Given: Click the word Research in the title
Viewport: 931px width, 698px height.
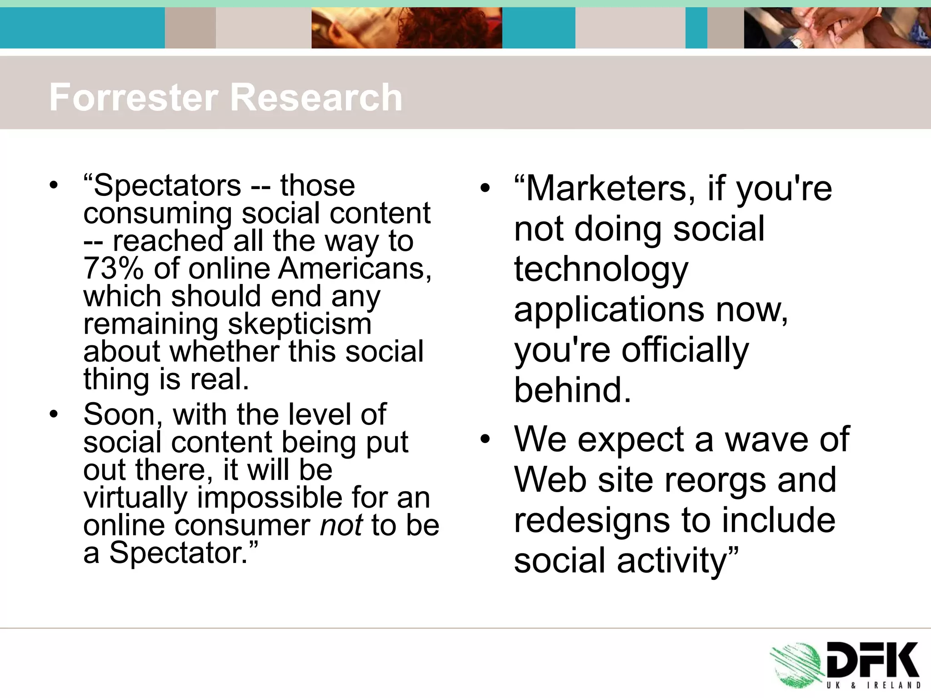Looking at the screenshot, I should tap(317, 97).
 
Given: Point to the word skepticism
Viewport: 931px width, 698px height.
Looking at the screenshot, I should tap(299, 324).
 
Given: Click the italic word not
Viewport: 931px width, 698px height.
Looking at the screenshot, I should tap(341, 526).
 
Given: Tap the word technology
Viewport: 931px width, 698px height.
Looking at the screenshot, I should tap(601, 269).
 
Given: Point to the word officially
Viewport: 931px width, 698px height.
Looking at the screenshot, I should tap(685, 350).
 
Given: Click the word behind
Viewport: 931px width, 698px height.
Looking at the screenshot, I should tap(572, 390).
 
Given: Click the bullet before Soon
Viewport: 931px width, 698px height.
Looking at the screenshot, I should tap(54, 414).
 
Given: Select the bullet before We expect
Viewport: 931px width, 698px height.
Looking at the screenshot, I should tap(486, 439).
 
